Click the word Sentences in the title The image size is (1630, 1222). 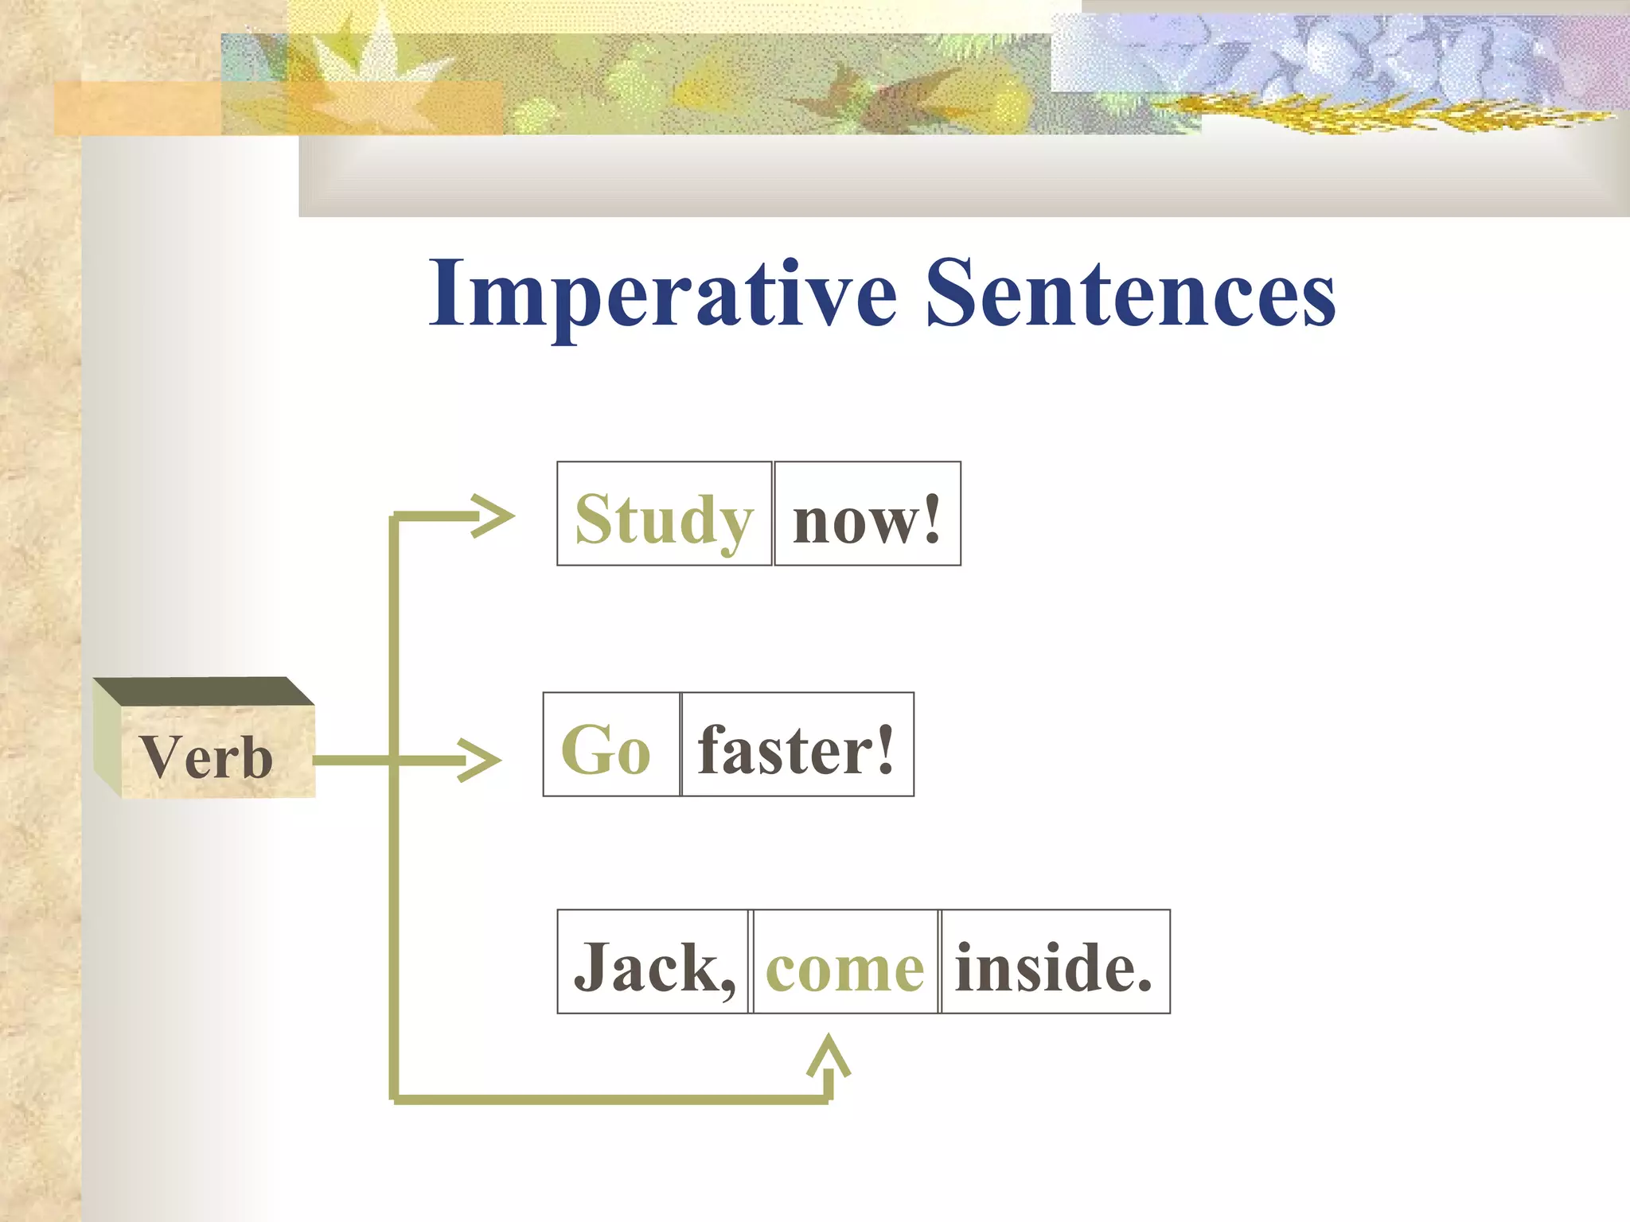[1130, 294]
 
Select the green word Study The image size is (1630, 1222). [663, 520]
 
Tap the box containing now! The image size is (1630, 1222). [867, 514]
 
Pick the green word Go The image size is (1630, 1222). [606, 750]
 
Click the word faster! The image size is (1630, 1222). [796, 750]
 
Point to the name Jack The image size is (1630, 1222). [646, 967]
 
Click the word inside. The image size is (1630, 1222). [1053, 967]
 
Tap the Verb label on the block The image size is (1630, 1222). [205, 757]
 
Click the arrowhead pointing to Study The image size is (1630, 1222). [493, 516]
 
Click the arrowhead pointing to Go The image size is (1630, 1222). [480, 760]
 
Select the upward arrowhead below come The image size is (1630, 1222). [829, 1054]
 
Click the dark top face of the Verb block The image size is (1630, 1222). [204, 691]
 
